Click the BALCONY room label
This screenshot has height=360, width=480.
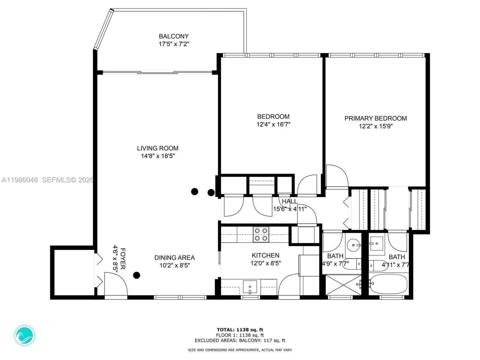click(x=174, y=36)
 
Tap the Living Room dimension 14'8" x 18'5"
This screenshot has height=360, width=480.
click(x=158, y=156)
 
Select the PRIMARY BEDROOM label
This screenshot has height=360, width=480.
click(x=376, y=118)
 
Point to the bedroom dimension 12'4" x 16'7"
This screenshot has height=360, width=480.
click(x=273, y=124)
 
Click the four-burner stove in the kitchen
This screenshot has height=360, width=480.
click(x=261, y=234)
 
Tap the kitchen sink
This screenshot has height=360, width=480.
click(x=250, y=287)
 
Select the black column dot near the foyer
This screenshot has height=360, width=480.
click(x=137, y=275)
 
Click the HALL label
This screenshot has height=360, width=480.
click(x=289, y=201)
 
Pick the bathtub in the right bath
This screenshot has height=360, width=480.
click(x=388, y=283)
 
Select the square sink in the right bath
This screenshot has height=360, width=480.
click(x=376, y=243)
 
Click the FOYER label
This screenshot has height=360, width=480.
click(x=123, y=258)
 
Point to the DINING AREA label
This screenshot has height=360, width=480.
click(x=175, y=258)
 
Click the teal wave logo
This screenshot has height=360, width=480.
click(x=25, y=335)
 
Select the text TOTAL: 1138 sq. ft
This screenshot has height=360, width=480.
click(x=240, y=330)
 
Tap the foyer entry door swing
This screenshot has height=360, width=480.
click(x=116, y=284)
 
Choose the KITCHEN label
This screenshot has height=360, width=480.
click(x=265, y=255)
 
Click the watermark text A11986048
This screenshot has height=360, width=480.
click(x=20, y=180)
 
